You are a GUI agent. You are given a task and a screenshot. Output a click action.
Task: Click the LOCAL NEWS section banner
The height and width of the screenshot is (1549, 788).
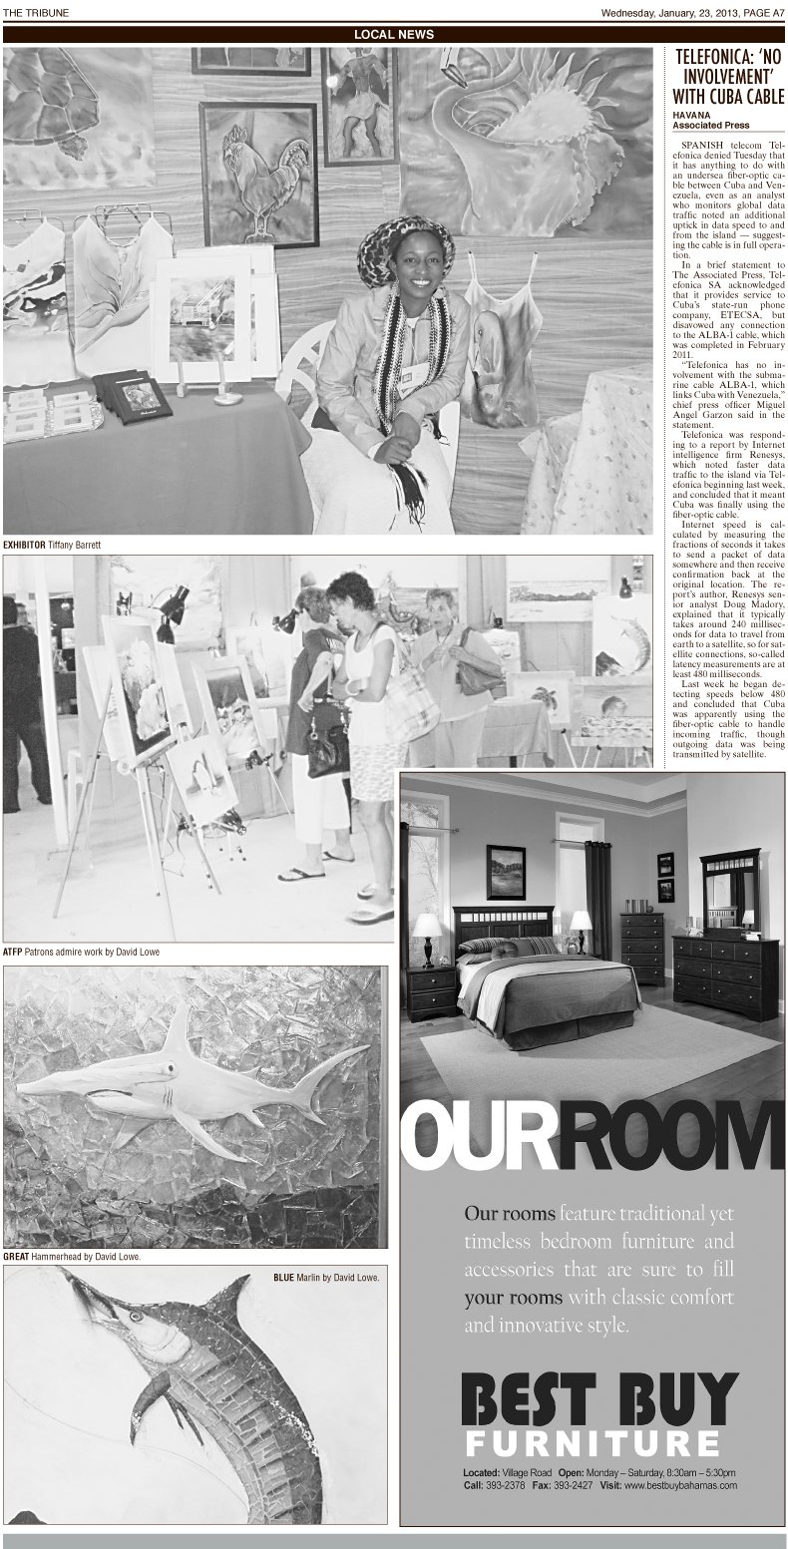pos(394,34)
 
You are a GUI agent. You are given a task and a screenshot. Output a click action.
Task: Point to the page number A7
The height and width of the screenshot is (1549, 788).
pos(774,12)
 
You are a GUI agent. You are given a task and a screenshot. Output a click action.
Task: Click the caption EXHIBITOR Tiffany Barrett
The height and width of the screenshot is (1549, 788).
pos(53,545)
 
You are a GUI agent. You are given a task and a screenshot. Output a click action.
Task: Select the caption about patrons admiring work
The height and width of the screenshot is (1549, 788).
pos(81,952)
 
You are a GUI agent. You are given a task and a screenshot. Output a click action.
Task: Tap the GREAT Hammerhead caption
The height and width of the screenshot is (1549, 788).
pos(72,1257)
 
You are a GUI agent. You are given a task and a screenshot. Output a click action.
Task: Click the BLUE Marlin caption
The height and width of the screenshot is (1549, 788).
pos(327,1277)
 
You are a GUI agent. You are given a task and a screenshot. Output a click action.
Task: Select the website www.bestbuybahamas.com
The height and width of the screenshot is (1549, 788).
pos(681,1485)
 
